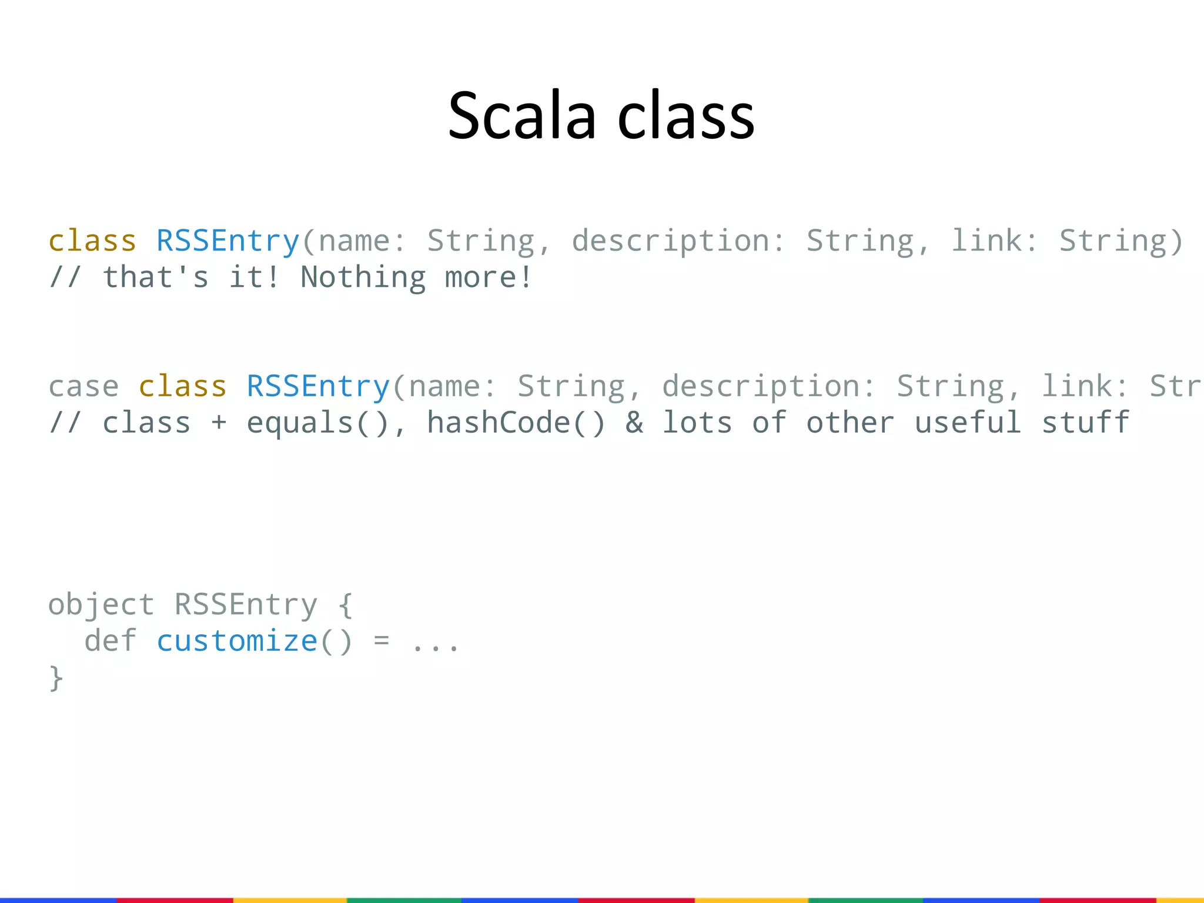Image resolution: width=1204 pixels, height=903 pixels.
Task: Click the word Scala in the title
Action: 522,116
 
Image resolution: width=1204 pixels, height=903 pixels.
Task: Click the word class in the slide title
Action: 686,116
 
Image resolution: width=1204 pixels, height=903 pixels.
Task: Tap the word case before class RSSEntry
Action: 83,387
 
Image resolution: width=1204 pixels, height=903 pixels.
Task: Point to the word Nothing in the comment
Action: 363,277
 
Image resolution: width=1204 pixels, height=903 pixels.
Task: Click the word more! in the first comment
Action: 489,277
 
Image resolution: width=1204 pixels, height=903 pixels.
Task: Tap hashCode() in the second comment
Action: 516,423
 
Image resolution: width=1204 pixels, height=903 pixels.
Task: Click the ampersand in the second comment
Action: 634,423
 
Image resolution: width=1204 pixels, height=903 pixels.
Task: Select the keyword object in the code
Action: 101,606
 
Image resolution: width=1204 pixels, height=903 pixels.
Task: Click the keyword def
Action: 111,641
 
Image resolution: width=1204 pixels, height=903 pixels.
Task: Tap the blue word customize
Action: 237,641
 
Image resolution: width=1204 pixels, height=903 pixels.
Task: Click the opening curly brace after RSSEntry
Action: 346,606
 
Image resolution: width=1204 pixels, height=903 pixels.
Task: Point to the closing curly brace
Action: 56,678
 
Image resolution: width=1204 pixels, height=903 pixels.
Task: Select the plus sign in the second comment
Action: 219,423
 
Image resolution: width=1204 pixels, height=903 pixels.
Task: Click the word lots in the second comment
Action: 697,423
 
